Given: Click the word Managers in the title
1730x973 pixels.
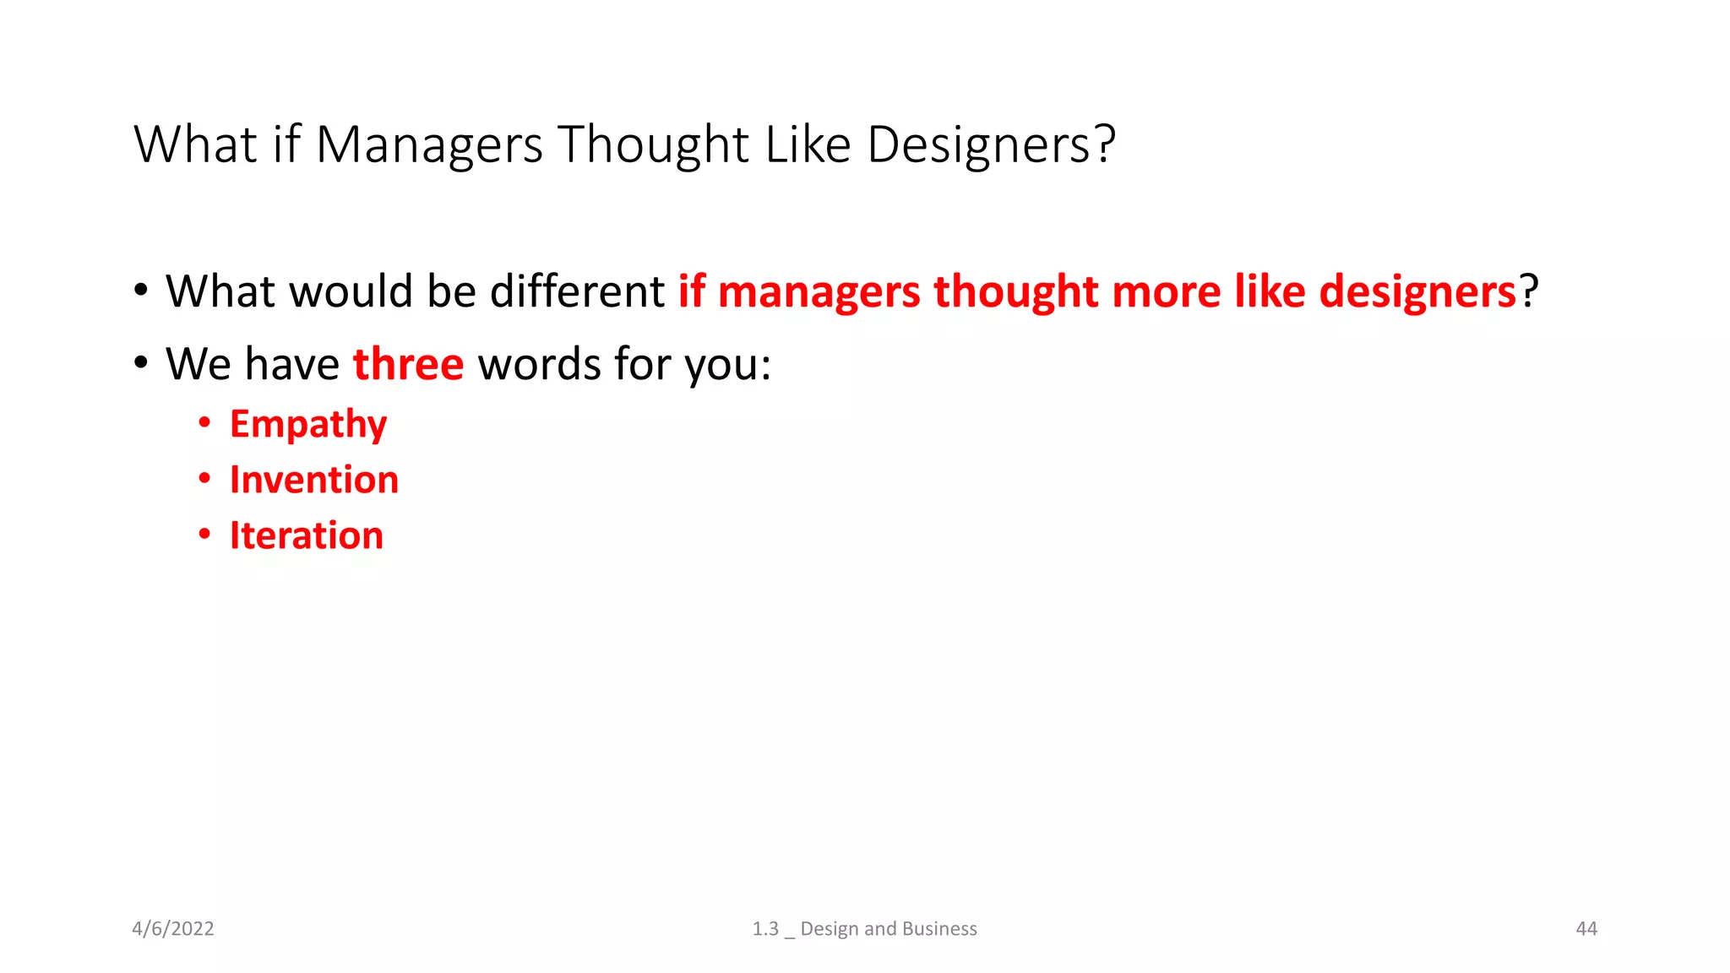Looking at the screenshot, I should tap(429, 145).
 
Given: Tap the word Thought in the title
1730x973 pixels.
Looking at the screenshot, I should tap(653, 145).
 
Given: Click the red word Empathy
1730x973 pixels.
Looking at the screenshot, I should tap(308, 424).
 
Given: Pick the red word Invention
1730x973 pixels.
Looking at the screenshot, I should tap(314, 480).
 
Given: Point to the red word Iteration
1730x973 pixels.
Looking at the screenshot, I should tap(307, 535).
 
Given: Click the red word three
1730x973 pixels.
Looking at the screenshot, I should tap(408, 364).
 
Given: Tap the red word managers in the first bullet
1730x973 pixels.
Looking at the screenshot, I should tap(819, 291).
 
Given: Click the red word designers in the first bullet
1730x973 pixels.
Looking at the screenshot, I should tap(1417, 291).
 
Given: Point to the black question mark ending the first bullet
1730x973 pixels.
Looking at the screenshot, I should tap(1529, 291).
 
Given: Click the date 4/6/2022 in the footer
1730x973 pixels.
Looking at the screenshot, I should tap(173, 929).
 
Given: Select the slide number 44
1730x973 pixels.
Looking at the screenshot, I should tap(1586, 929).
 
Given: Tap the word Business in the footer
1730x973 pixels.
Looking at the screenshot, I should tap(939, 929).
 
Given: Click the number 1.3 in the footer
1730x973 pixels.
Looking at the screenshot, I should tap(765, 929).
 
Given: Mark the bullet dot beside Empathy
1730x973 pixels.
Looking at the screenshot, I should tap(204, 422).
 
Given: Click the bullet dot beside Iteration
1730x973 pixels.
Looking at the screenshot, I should tap(204, 534).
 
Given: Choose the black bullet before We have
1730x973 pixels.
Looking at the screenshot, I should tap(141, 363).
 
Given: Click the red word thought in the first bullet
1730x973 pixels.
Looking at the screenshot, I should tap(1015, 291).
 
